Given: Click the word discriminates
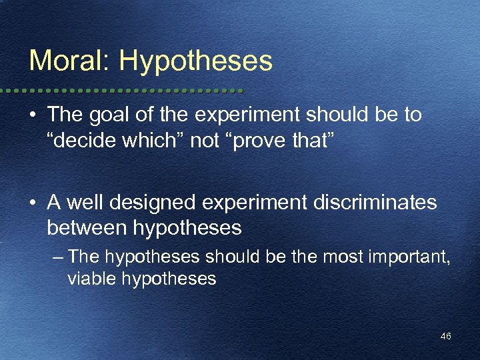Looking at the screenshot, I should click(371, 202).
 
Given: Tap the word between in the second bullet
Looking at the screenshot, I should click(87, 229).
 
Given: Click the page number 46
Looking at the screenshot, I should click(445, 337).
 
